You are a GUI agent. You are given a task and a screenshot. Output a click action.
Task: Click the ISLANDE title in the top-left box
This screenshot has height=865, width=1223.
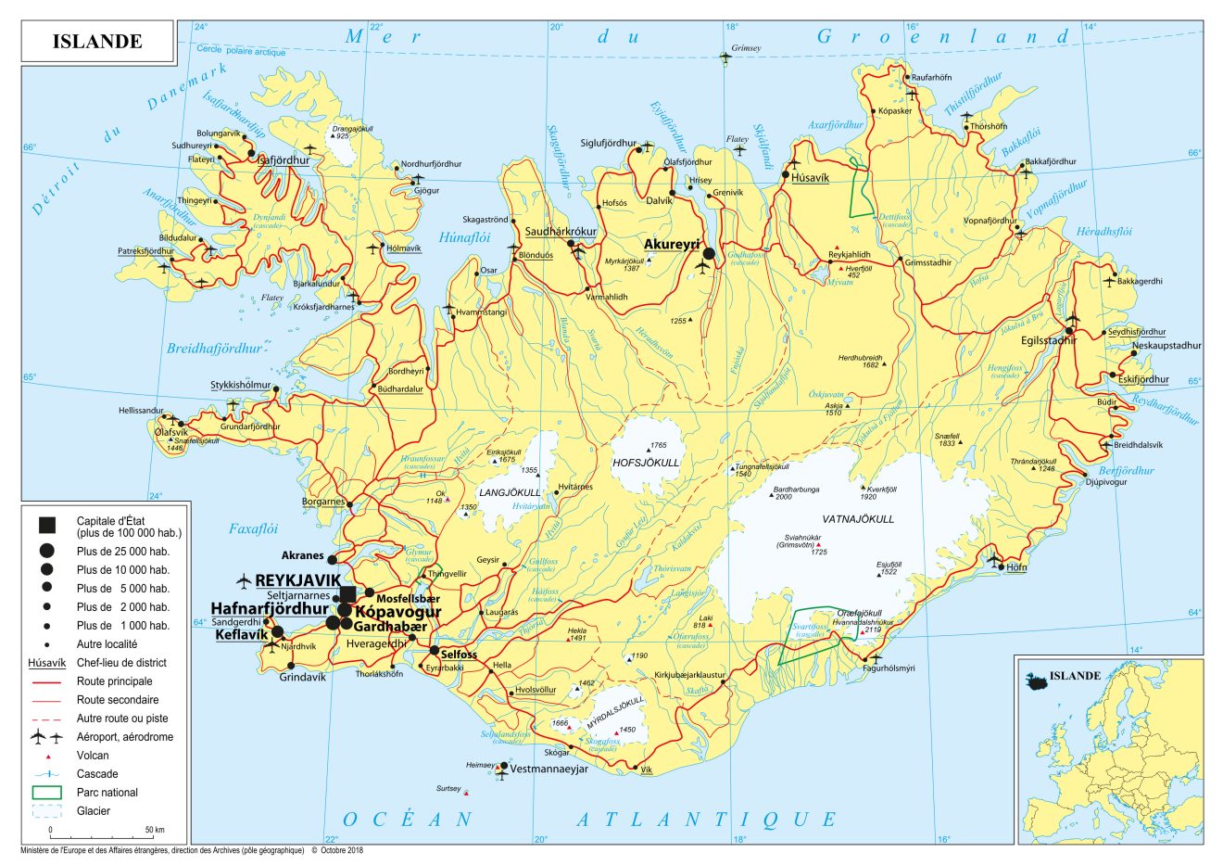(x=97, y=41)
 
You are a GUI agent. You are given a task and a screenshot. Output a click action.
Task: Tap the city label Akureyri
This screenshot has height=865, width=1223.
(x=671, y=243)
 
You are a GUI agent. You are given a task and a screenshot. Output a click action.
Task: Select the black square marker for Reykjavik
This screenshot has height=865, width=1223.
(x=347, y=593)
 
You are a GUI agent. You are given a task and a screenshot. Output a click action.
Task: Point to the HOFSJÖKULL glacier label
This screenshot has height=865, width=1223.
(x=646, y=462)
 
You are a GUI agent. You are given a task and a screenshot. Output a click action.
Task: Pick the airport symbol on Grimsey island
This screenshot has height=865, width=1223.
(x=725, y=57)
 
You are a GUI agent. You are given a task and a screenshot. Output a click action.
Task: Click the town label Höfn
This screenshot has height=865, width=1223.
(x=1016, y=566)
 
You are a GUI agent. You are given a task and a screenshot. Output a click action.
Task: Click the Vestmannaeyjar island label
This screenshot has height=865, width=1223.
(x=549, y=769)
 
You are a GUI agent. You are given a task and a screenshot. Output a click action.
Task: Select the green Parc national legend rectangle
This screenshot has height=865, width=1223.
(x=46, y=793)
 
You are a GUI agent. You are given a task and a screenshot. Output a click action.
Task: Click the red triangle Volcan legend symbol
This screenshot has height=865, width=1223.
(x=46, y=757)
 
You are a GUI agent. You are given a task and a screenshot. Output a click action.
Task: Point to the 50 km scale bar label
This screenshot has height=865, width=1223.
(x=155, y=830)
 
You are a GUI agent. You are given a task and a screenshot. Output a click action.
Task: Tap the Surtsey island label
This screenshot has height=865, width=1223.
(x=448, y=789)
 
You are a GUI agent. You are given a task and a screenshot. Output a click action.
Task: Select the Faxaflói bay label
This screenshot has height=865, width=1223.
(x=253, y=529)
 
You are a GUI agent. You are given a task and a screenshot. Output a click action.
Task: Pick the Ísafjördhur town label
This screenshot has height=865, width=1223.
(x=283, y=160)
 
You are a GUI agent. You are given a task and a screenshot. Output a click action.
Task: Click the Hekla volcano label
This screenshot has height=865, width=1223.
(x=576, y=630)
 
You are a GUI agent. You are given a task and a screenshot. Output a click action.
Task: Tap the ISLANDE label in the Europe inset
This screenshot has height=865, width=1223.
(x=1075, y=676)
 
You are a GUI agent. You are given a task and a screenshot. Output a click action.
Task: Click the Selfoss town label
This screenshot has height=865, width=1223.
(x=459, y=655)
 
